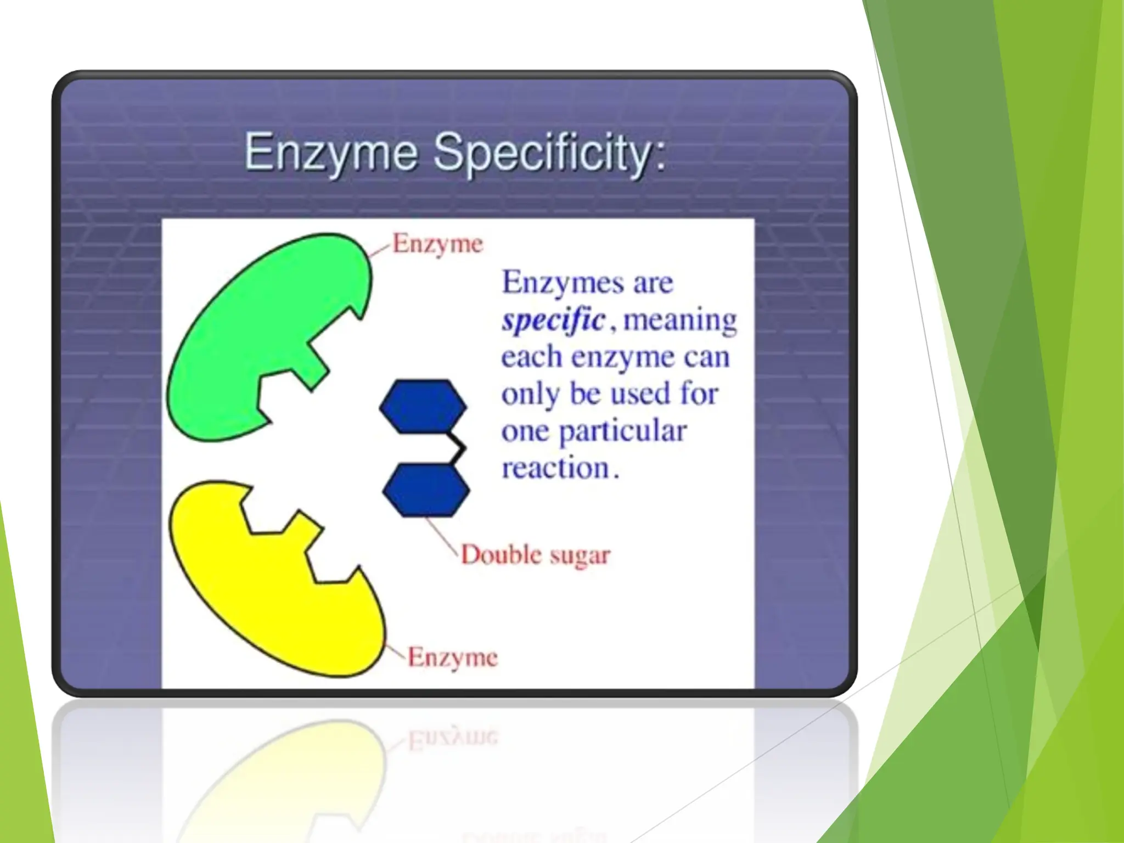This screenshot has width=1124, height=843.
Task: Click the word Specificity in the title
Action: (549, 153)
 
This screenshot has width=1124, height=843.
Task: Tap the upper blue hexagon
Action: (423, 406)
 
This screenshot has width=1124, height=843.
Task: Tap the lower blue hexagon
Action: (426, 490)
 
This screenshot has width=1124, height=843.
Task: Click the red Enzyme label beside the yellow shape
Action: (452, 657)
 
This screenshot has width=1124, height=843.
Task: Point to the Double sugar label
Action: (535, 555)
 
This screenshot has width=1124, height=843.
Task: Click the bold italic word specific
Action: (553, 319)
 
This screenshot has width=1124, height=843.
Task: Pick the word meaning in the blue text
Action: (680, 319)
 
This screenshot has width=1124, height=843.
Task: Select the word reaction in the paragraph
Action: (556, 468)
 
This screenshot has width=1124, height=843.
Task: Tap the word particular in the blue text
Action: (622, 431)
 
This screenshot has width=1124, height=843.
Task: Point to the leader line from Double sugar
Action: (442, 535)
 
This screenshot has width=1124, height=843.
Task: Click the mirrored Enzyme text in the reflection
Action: (452, 738)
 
